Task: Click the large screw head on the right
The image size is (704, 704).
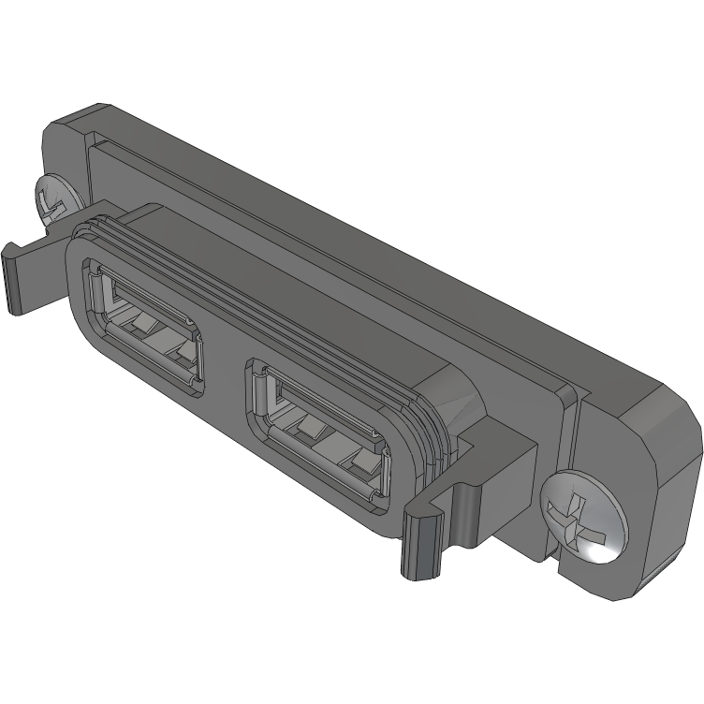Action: pyautogui.click(x=582, y=517)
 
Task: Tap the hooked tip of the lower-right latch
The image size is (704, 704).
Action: pyautogui.click(x=418, y=544)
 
